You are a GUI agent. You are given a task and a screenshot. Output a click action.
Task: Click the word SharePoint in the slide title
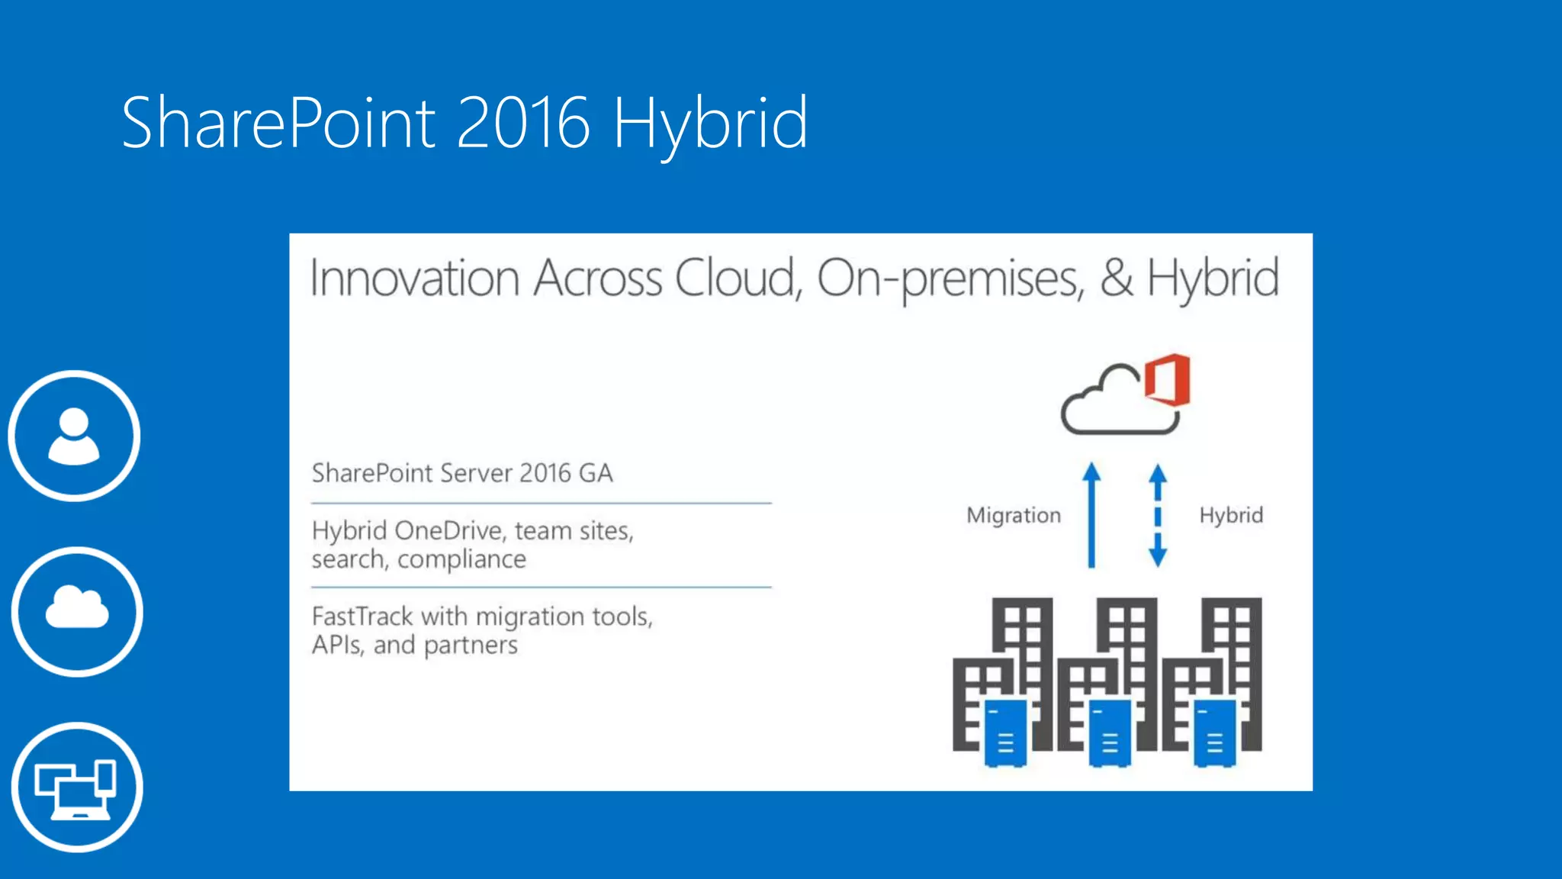point(278,122)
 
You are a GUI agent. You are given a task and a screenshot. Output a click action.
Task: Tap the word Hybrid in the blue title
point(710,124)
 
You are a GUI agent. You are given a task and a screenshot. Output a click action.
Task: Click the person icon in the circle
point(74,436)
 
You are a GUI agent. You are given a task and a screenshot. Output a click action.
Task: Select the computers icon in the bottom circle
point(76,788)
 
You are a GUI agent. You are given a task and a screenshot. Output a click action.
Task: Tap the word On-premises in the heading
point(950,279)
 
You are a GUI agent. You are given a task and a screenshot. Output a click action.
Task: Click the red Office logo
point(1168,380)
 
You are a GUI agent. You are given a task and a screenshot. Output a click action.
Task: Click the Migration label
point(1014,516)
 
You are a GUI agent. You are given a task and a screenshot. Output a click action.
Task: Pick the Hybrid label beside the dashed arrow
point(1231,516)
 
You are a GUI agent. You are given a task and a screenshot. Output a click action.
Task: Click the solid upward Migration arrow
point(1091,516)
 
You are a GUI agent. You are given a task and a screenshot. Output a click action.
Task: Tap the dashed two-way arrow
point(1158,516)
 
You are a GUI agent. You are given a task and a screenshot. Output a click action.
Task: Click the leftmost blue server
point(1005,733)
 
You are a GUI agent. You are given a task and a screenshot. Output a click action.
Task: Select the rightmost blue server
point(1214,733)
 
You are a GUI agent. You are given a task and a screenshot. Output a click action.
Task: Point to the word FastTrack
point(362,617)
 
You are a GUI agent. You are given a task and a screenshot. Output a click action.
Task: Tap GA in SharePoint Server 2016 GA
point(596,474)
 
